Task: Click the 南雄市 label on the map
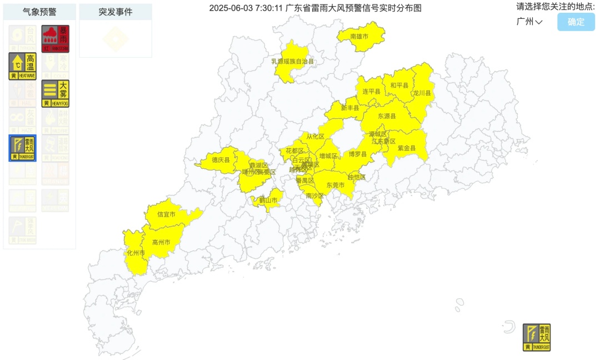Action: [x=359, y=36]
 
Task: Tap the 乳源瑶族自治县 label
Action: [x=292, y=62]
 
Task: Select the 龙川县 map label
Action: [x=422, y=93]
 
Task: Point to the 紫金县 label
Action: [x=406, y=148]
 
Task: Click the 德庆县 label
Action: [x=221, y=160]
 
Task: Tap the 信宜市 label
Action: [x=166, y=214]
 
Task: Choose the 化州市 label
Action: [x=136, y=253]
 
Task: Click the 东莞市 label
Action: [x=336, y=185]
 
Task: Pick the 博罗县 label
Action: [x=358, y=154]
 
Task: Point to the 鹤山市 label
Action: [x=268, y=200]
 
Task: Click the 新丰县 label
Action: [x=350, y=108]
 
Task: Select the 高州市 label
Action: [x=161, y=242]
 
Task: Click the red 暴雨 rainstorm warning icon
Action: [x=56, y=39]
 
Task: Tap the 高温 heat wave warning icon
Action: [x=22, y=66]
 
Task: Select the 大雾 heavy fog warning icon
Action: [x=56, y=93]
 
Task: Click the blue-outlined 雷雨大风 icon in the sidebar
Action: [x=22, y=148]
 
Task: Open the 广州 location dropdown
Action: [x=529, y=22]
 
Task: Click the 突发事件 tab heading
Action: [x=116, y=12]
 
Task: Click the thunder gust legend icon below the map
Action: [x=537, y=337]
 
